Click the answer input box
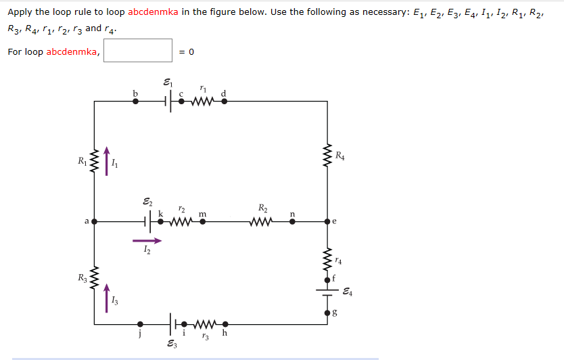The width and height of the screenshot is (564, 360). [x=138, y=51]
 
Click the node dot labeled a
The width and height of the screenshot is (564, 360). [x=95, y=221]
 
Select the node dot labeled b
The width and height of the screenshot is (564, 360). [x=135, y=102]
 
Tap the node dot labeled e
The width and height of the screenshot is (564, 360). [x=327, y=221]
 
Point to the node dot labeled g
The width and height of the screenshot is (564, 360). [x=327, y=313]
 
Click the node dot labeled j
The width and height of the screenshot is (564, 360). [x=140, y=324]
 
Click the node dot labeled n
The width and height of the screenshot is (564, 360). [x=292, y=221]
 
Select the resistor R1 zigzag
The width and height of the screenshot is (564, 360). [x=95, y=161]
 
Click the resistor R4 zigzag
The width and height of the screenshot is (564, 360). [x=327, y=157]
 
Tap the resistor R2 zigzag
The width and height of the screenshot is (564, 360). [x=261, y=221]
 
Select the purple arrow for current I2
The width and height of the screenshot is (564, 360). [x=147, y=240]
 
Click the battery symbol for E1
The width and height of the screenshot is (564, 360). [x=169, y=102]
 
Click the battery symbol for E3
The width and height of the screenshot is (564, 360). [x=172, y=324]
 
